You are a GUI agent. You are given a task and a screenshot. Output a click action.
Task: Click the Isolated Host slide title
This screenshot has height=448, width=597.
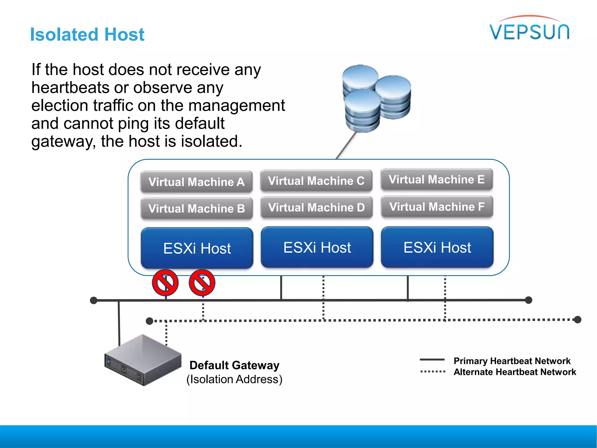(x=87, y=34)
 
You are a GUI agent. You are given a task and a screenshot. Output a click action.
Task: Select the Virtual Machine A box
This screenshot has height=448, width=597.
(x=196, y=182)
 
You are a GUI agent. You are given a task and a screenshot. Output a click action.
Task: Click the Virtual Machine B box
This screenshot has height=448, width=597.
(x=196, y=209)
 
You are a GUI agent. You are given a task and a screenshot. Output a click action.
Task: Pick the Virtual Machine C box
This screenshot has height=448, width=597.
(x=316, y=181)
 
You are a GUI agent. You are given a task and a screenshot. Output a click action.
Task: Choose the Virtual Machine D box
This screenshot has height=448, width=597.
(x=317, y=207)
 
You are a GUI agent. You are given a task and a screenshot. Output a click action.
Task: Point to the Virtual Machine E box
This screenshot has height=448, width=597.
(x=436, y=179)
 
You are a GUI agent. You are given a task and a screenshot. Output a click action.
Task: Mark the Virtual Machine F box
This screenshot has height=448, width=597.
(x=437, y=207)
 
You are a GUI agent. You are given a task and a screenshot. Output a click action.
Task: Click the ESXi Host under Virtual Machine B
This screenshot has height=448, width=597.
(x=197, y=248)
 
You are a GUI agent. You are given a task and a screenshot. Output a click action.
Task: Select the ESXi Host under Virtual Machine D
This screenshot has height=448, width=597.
(x=317, y=247)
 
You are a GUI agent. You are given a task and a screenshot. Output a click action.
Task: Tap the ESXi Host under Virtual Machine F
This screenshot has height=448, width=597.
(x=437, y=247)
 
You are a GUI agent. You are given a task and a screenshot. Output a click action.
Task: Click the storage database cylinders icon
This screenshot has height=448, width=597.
(x=376, y=98)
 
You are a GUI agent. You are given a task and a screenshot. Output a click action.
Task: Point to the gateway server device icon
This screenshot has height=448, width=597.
(x=143, y=360)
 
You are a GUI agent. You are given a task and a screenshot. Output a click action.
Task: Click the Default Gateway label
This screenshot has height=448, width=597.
(x=234, y=365)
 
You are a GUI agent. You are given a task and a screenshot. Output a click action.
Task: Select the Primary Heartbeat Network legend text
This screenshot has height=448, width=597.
(x=512, y=361)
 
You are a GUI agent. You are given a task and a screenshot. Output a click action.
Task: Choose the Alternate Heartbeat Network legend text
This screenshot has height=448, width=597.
(x=515, y=372)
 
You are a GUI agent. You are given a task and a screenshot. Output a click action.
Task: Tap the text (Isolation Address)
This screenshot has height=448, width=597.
(x=234, y=379)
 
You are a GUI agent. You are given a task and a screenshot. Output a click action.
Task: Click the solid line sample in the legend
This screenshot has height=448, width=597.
(x=432, y=360)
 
